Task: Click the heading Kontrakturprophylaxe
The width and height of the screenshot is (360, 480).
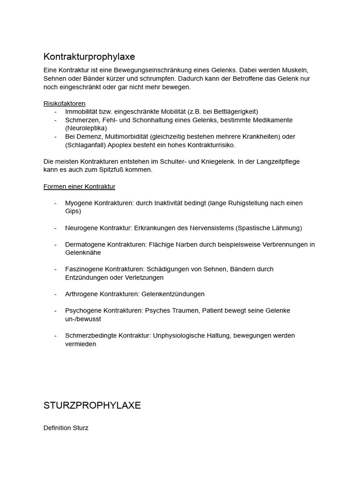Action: tap(89, 57)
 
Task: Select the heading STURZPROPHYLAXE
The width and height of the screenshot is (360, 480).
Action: tap(92, 405)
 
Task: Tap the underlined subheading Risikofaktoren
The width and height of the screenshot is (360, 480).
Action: tap(64, 104)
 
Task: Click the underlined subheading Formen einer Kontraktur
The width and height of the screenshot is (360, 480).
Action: tap(79, 187)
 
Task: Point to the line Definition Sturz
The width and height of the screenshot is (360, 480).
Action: tap(66, 428)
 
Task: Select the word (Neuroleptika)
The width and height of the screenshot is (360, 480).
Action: tap(86, 128)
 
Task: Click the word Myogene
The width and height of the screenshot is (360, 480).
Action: tap(79, 203)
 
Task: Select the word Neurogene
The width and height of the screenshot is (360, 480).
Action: tap(81, 228)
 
